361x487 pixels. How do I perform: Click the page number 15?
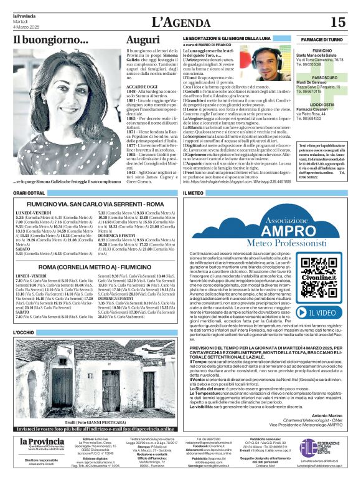337,22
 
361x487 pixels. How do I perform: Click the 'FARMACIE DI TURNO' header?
322,39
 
